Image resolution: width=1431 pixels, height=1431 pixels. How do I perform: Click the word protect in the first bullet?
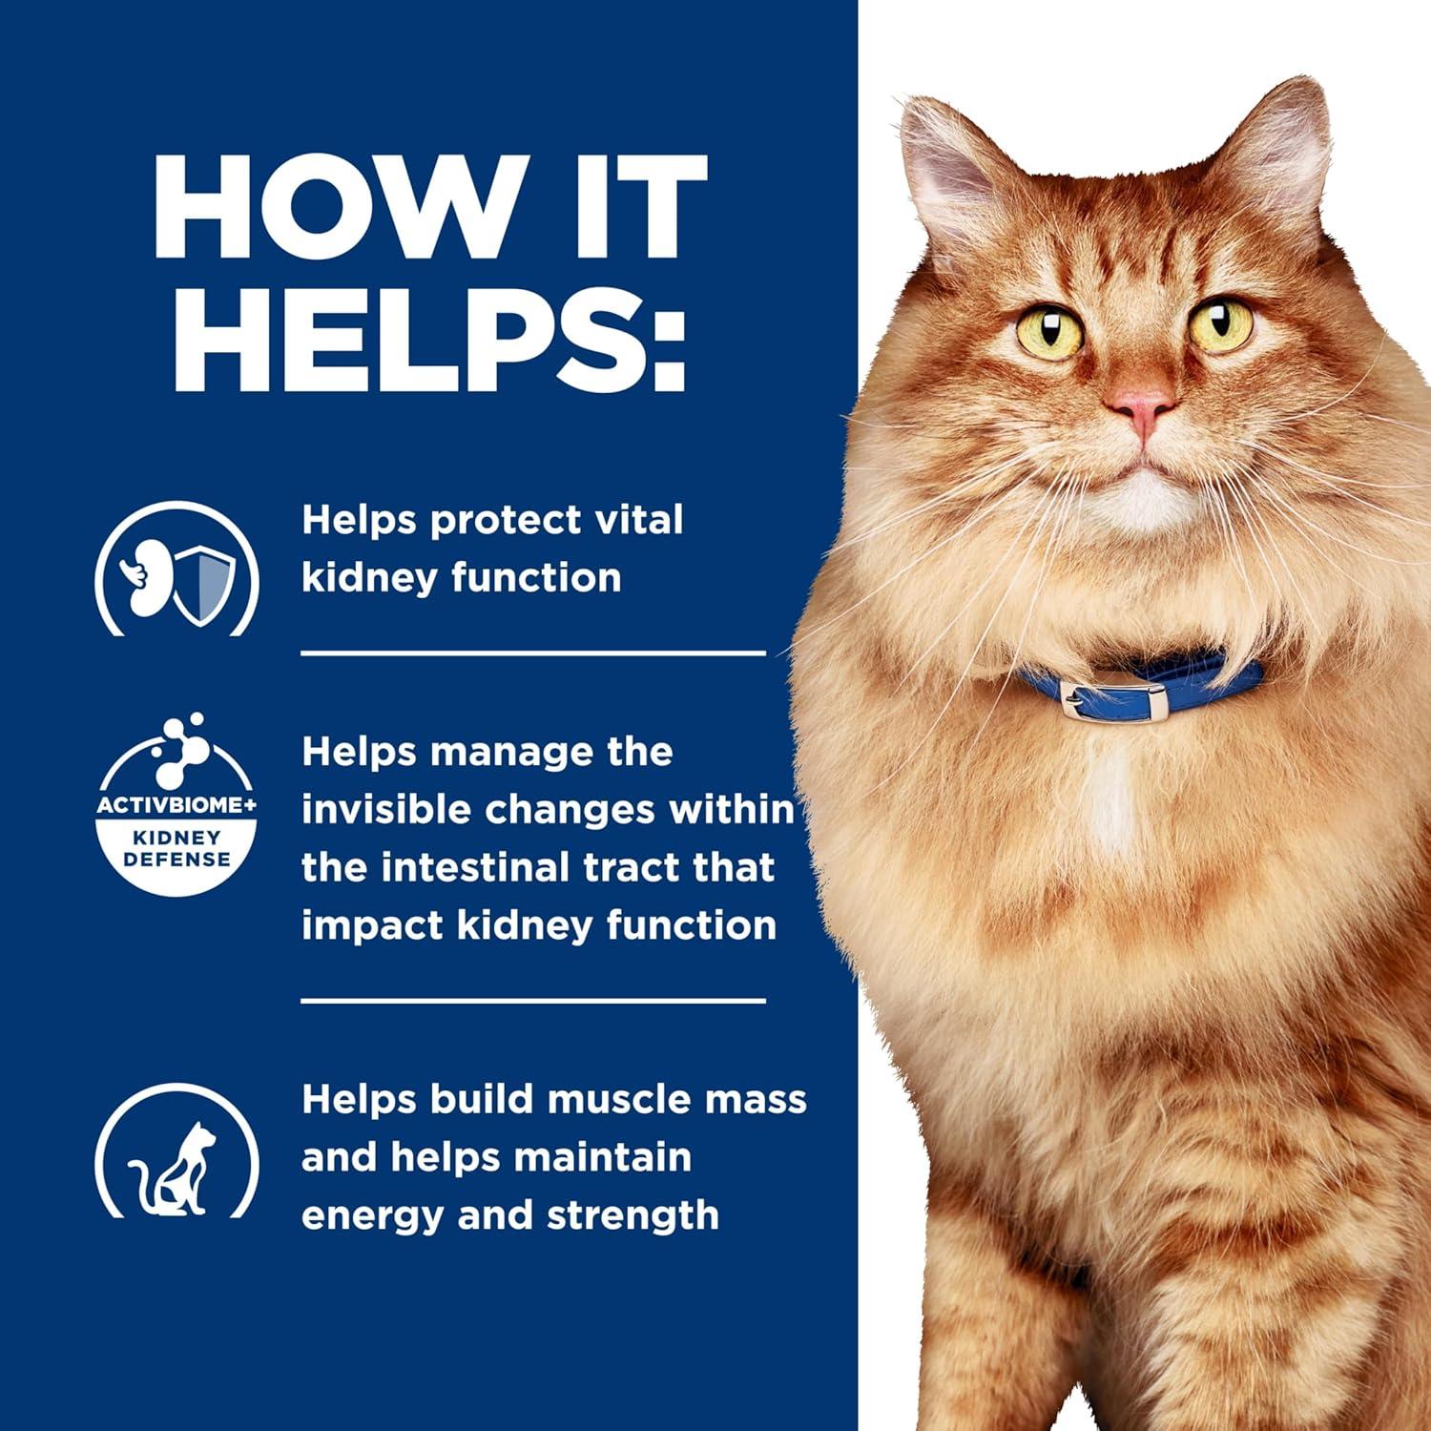(x=506, y=521)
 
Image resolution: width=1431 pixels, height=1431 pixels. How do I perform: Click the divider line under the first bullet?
(x=533, y=653)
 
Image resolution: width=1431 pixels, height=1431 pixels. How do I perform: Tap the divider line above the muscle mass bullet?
(x=533, y=1001)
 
